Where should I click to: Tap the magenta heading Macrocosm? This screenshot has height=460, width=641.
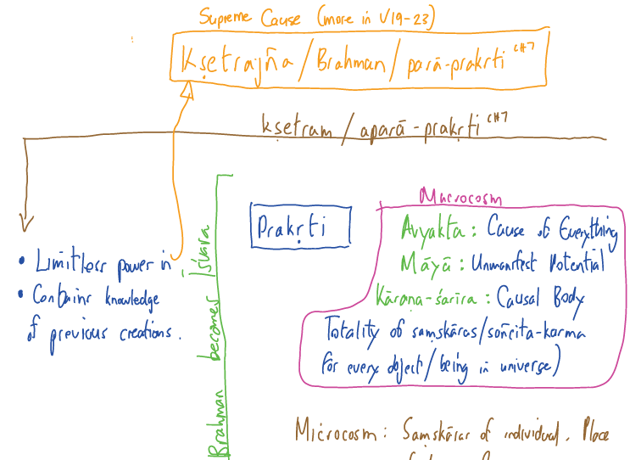coord(460,199)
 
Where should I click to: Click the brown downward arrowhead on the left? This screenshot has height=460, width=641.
coord(26,223)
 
